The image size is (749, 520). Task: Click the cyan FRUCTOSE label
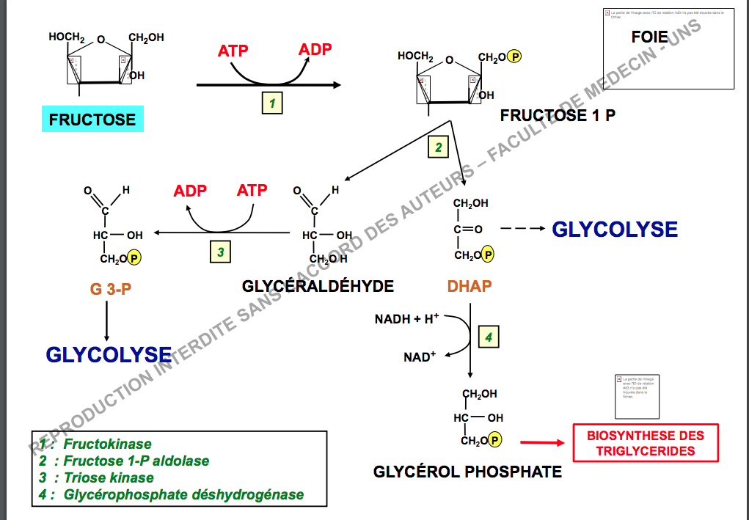(92, 120)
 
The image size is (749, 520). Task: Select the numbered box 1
(272, 103)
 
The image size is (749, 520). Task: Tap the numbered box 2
(438, 147)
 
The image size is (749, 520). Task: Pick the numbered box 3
(220, 252)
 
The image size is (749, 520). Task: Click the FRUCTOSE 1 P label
(558, 115)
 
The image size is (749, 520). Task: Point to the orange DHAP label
(470, 286)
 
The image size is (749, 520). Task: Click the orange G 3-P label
(111, 289)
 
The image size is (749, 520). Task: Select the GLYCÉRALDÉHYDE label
(318, 286)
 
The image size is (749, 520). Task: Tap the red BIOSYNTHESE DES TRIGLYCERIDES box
(646, 443)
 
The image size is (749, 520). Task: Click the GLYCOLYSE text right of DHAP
(615, 229)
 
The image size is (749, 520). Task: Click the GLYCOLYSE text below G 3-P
(109, 355)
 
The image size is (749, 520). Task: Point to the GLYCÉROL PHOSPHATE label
(468, 472)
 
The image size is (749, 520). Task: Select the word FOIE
(650, 37)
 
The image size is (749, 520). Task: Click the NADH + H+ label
(406, 319)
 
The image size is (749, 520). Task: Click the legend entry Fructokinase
(107, 444)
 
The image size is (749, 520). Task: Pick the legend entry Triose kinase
(109, 477)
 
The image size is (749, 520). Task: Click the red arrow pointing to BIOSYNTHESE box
(542, 442)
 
